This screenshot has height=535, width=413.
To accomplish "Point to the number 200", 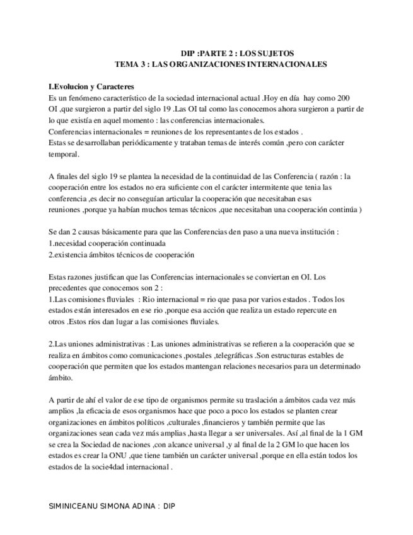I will (x=343, y=98).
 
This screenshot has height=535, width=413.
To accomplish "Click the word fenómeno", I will (x=89, y=98).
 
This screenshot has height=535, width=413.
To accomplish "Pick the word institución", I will (x=315, y=232).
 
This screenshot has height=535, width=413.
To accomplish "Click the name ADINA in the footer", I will (x=140, y=506).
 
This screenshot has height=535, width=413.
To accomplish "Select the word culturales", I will (x=181, y=422).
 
